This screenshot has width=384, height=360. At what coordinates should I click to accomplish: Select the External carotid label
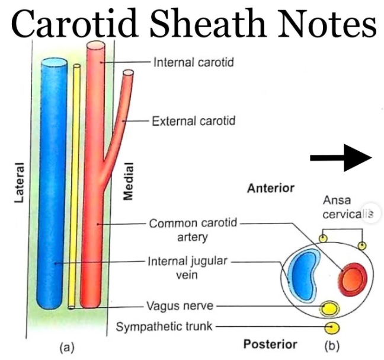pos(193,121)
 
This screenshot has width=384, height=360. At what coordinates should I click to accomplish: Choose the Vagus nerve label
pos(180,307)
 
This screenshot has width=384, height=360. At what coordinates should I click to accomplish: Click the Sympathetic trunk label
pos(164,326)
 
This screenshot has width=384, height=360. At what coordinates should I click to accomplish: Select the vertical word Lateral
pos(19,182)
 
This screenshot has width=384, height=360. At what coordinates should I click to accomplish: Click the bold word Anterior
pos(270,189)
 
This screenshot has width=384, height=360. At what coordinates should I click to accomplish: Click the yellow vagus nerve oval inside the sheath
pos(328,308)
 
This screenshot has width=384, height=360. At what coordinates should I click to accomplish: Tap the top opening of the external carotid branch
pos(128,74)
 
